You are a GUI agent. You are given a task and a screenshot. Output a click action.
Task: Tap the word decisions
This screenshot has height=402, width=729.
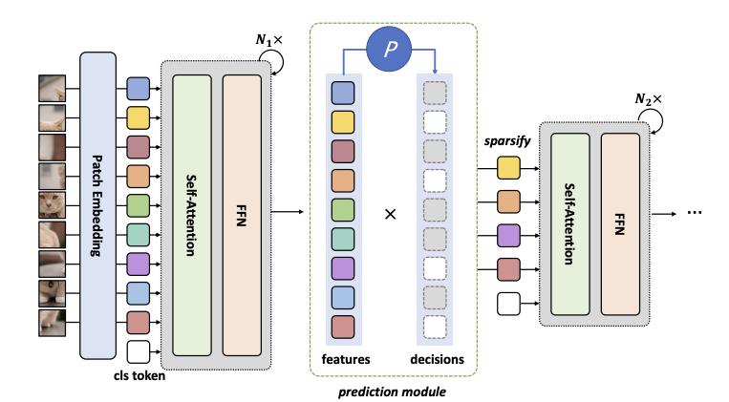(x=436, y=359)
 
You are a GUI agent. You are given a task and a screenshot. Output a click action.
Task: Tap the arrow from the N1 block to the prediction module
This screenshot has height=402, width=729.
(x=286, y=212)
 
